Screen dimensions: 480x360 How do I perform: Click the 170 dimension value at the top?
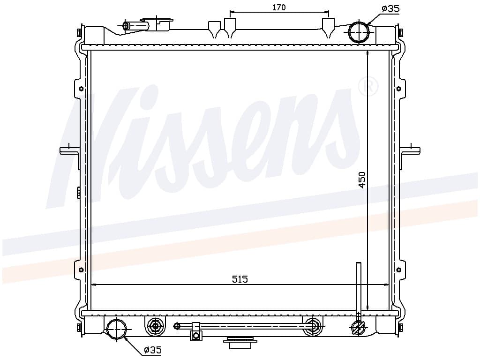pyautogui.click(x=279, y=7)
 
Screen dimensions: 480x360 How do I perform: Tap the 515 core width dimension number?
pyautogui.click(x=240, y=279)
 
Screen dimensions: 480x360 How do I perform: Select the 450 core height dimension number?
pyautogui.click(x=362, y=180)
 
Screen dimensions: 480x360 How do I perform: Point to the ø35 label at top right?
pyautogui.click(x=390, y=9)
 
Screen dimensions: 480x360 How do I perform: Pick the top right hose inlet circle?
pyautogui.click(x=360, y=32)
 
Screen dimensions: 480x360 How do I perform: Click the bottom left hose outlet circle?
pyautogui.click(x=117, y=329)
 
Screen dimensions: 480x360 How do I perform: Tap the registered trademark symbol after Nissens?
pyautogui.click(x=368, y=86)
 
